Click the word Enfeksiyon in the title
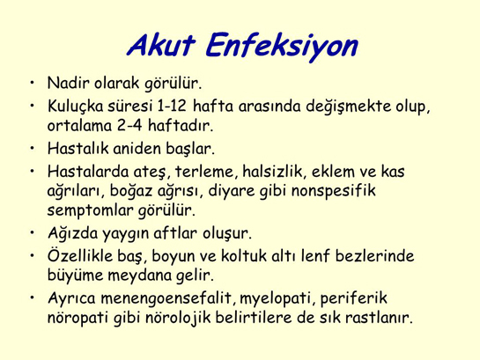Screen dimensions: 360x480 coord(281,45)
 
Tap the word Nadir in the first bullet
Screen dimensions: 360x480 coord(68,86)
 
